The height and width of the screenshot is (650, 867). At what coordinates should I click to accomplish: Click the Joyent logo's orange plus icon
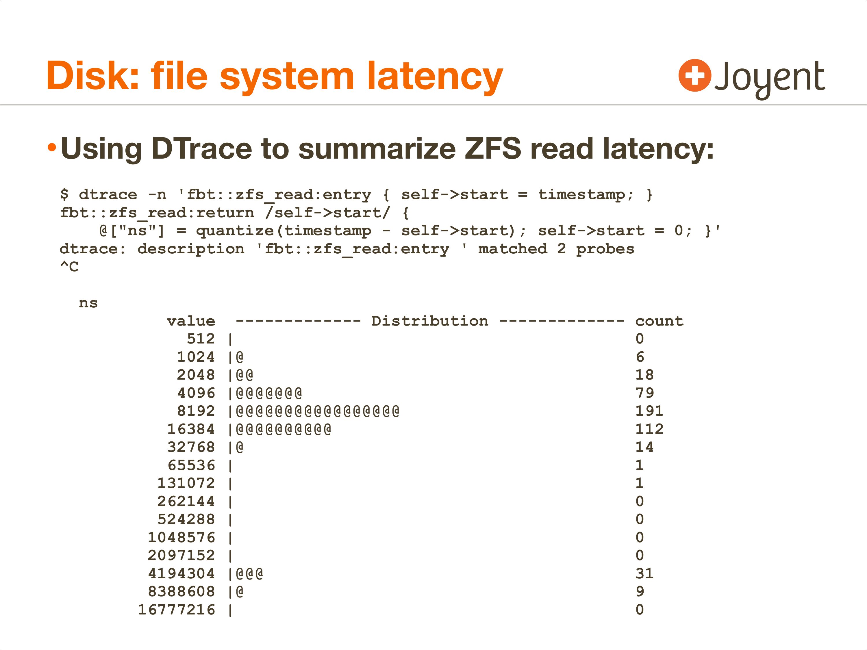click(694, 75)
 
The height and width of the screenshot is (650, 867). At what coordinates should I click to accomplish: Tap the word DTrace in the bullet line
click(201, 148)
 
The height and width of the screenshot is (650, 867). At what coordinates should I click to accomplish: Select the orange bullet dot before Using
click(52, 148)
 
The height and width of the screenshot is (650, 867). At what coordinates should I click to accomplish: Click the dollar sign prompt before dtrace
click(64, 194)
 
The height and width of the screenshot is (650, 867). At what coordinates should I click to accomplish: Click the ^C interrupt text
click(69, 267)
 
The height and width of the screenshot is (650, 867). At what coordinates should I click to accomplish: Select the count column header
click(659, 321)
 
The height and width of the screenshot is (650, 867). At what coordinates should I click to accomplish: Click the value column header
click(191, 321)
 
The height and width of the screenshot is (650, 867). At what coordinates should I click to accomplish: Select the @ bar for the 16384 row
click(284, 429)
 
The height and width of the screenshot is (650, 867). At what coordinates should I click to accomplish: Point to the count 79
click(644, 393)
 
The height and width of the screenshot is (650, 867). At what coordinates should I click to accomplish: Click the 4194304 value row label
click(181, 574)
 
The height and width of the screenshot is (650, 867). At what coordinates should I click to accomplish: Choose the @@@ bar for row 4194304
click(249, 574)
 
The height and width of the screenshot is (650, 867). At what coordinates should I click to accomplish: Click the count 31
click(644, 574)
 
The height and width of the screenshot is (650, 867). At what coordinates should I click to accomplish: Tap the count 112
click(649, 429)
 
